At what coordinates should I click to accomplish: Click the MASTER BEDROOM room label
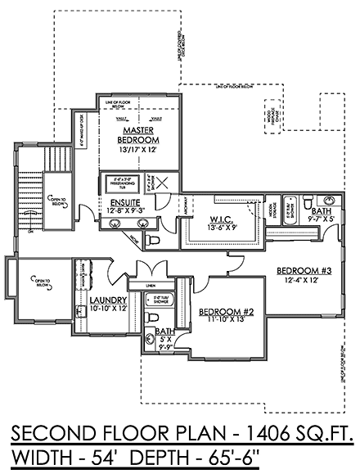click(141, 135)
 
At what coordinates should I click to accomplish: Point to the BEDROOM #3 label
click(302, 271)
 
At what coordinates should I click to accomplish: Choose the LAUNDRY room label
click(106, 300)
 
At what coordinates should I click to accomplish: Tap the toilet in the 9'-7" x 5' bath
click(320, 201)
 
